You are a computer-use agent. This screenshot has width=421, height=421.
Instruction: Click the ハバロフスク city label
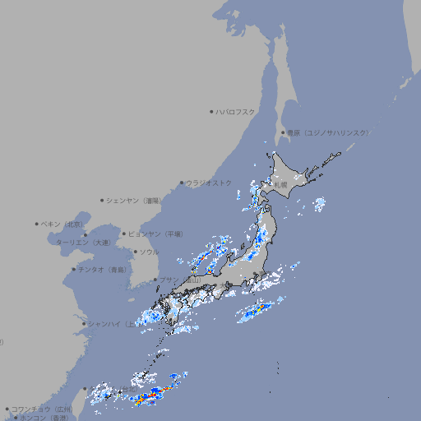pyautogui.click(x=235, y=111)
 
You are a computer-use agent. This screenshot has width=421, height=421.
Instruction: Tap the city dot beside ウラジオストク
pyautogui.click(x=182, y=183)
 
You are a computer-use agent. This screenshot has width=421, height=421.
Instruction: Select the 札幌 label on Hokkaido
pyautogui.click(x=281, y=185)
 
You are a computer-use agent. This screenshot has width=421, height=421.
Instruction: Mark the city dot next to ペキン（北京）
pyautogui.click(x=37, y=224)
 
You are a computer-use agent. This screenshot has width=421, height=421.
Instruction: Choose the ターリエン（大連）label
pyautogui.click(x=82, y=243)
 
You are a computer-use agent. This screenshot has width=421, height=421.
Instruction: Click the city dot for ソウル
pyautogui.click(x=135, y=252)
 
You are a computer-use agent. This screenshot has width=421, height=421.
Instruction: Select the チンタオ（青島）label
pyautogui.click(x=102, y=270)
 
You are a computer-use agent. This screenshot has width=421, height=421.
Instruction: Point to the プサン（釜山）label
pyautogui.click(x=181, y=280)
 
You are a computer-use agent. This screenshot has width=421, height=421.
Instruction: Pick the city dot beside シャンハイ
pyautogui.click(x=84, y=323)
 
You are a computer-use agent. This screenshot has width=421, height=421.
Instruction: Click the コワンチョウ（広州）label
pyautogui.click(x=41, y=409)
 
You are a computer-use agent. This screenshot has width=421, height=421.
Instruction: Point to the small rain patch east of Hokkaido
pyautogui.click(x=319, y=204)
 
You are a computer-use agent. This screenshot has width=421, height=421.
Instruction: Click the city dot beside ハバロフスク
pyautogui.click(x=211, y=111)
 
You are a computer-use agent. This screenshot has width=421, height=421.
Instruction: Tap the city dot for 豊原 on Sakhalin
pyautogui.click(x=283, y=132)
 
